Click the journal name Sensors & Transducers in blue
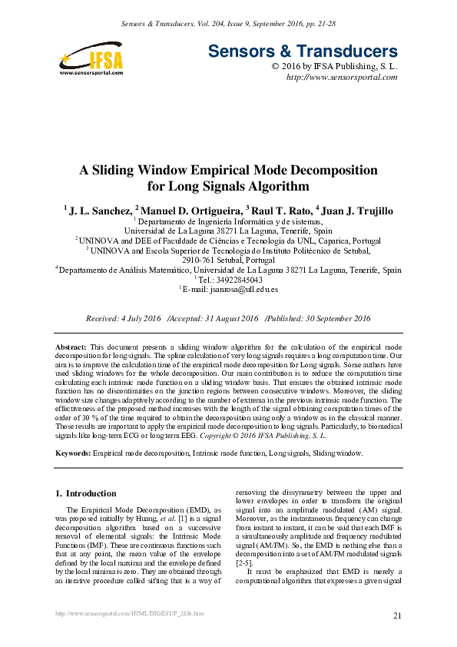point(303,52)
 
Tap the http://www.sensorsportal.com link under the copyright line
point(341,78)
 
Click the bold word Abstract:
point(71,348)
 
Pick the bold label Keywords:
point(74,453)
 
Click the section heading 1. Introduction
point(87,493)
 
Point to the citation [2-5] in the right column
point(242,562)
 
